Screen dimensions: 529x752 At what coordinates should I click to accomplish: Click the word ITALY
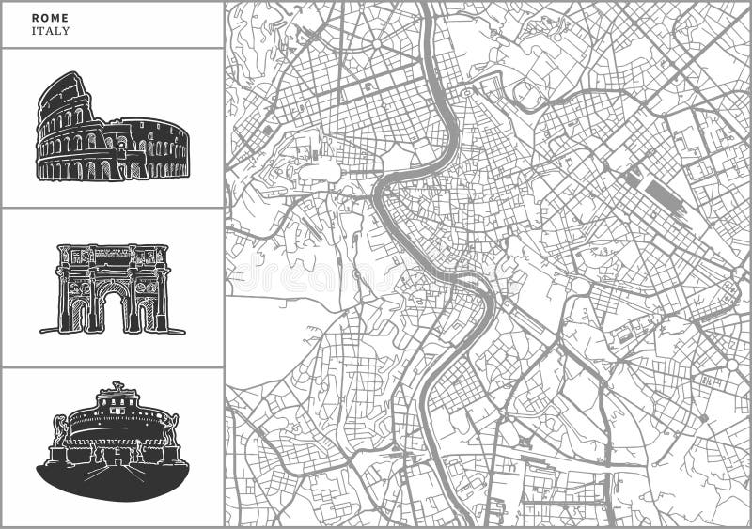coord(51,31)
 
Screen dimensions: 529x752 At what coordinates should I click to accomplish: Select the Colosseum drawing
coord(112,130)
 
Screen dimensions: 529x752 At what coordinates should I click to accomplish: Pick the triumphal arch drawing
coord(113,288)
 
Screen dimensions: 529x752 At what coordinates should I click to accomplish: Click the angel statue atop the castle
coord(117,386)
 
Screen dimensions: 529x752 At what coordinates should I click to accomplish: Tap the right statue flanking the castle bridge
coord(171,431)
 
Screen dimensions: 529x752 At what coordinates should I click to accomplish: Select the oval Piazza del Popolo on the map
coord(466,93)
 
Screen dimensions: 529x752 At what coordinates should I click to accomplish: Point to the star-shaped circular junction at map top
coord(377,42)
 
